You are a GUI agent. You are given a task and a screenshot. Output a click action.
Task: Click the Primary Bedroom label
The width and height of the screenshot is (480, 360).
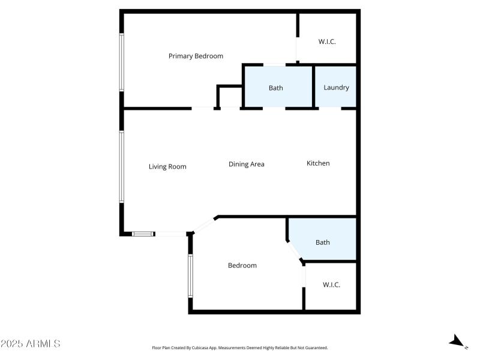196,56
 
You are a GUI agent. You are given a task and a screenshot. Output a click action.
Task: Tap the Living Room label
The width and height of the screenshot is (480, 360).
167,167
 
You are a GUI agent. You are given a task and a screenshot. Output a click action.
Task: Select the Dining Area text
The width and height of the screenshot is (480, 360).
246,164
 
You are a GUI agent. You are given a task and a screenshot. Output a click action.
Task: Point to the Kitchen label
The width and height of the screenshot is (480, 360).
318,163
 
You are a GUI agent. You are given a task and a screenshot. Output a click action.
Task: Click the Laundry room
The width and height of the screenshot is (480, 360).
336,88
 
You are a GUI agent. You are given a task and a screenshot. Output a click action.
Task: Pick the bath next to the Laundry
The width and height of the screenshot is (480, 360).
276,88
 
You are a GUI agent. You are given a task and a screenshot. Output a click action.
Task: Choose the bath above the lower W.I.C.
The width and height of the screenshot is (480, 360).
323,242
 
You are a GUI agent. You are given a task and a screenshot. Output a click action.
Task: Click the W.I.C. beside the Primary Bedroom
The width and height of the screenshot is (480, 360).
326,42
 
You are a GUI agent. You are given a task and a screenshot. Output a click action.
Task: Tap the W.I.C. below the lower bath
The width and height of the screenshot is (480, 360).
331,285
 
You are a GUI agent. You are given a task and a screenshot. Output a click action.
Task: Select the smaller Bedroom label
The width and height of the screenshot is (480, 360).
242,266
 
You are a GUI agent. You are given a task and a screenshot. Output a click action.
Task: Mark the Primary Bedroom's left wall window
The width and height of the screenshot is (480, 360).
121,62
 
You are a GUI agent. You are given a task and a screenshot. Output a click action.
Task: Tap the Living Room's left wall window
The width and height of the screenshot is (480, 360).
121,167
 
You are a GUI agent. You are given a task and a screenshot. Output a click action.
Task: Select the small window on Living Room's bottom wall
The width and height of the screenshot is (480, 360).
143,234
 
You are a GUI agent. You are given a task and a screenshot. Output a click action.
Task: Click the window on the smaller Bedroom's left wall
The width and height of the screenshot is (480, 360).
190,275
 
